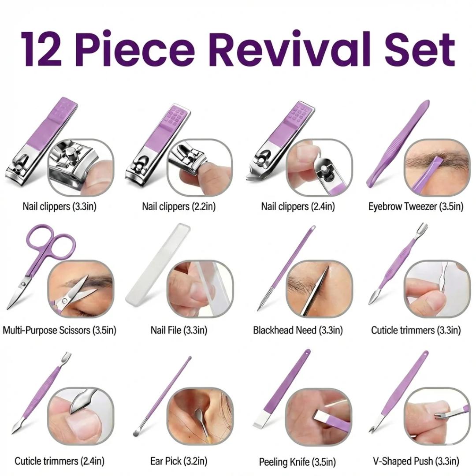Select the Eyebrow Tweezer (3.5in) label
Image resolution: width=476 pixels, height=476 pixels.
coord(416,207)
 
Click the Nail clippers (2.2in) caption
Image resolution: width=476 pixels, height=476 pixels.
coord(179,207)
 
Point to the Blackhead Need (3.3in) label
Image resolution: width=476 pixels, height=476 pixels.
coord(298,330)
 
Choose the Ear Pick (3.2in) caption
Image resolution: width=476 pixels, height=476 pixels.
coord(179,461)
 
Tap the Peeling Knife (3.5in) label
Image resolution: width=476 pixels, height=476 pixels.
coord(297,462)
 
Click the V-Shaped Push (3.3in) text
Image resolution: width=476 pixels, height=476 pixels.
coord(416,461)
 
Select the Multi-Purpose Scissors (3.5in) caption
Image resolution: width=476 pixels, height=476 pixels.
coord(59,330)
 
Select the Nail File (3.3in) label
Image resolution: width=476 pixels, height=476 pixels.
coord(179,330)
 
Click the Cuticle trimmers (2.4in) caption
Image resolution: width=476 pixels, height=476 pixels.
coord(59,461)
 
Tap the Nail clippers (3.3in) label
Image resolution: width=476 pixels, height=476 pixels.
coord(59,207)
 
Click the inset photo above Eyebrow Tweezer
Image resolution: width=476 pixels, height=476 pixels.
coord(437,167)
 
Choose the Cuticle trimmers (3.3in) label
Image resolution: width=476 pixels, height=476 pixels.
coord(416,330)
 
